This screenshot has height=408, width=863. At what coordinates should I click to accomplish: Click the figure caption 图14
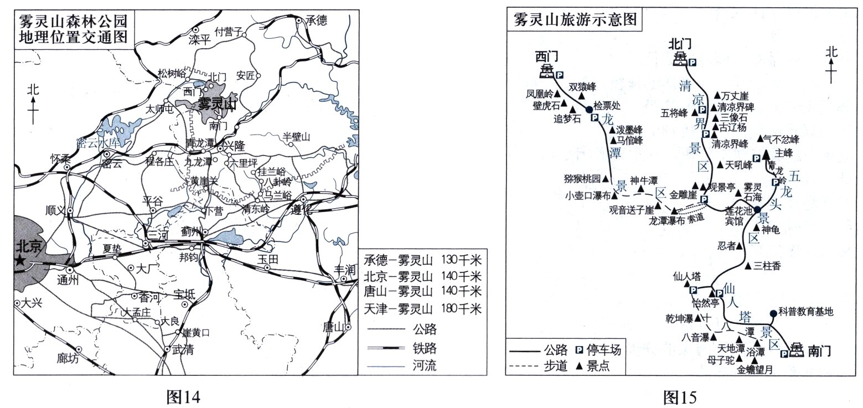pos(182,397)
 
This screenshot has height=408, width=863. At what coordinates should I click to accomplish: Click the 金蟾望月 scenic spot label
pos(756,371)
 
